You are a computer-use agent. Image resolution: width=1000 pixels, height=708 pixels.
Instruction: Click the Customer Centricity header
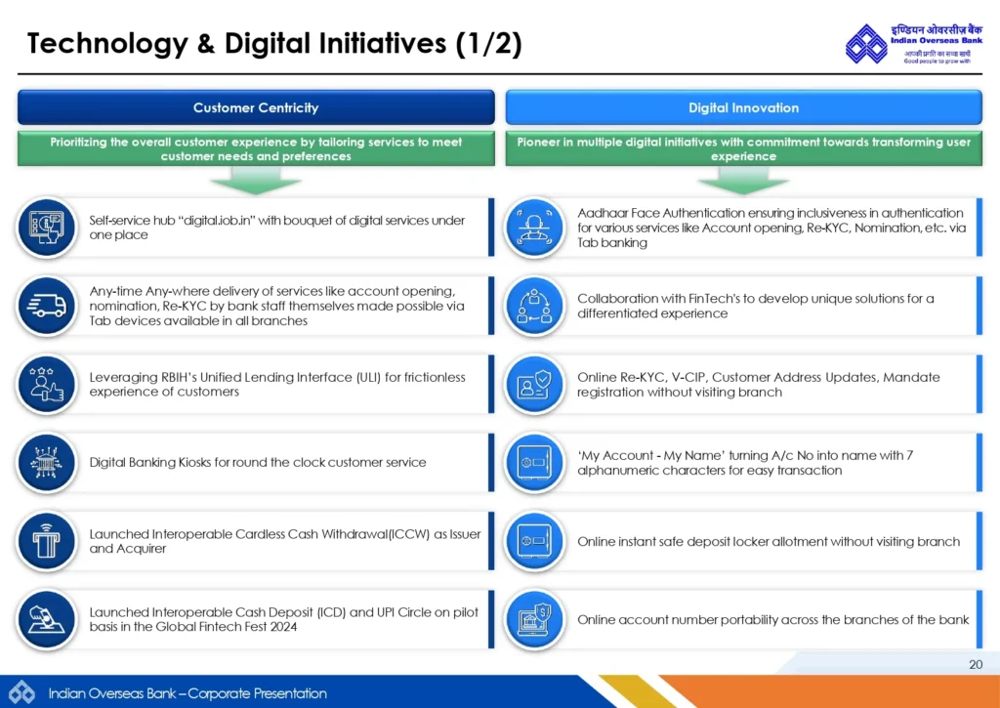(256, 107)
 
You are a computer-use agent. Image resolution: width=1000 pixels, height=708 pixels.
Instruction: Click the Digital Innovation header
(743, 107)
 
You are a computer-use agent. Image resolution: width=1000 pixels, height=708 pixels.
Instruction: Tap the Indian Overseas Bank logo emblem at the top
(866, 43)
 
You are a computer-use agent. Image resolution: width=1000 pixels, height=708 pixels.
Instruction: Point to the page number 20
(976, 664)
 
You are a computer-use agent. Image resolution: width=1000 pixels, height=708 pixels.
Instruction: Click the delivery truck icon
(47, 307)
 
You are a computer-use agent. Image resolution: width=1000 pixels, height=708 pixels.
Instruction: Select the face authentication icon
(534, 228)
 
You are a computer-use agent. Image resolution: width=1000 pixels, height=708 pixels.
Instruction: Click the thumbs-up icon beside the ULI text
(47, 385)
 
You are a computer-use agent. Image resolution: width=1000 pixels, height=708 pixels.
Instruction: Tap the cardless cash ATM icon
(47, 541)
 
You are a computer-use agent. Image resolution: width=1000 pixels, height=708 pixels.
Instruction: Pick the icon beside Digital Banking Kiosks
(47, 463)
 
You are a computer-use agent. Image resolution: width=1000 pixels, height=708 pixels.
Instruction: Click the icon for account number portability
(534, 619)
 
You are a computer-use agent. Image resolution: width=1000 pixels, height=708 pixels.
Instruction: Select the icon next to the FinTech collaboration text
(534, 307)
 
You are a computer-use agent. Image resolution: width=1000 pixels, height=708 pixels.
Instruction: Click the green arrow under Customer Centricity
(256, 180)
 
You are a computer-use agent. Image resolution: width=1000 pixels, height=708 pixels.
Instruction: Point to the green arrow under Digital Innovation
(743, 180)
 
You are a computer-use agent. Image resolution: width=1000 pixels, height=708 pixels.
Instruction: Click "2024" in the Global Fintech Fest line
(282, 626)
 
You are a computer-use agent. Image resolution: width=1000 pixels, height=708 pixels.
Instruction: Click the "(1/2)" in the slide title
(489, 44)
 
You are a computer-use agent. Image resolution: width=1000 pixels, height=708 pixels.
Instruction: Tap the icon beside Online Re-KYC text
(534, 385)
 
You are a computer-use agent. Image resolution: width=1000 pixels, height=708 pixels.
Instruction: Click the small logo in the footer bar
(21, 692)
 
